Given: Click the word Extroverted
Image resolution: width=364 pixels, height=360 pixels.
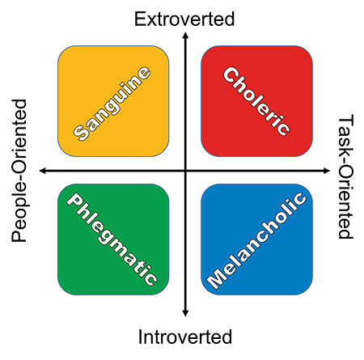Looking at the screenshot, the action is (x=184, y=19).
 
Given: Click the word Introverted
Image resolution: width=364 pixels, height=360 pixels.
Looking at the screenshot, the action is (x=185, y=337).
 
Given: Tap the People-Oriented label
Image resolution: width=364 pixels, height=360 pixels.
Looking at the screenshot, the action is (x=19, y=171).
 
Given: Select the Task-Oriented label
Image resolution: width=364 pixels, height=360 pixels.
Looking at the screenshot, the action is (x=345, y=176).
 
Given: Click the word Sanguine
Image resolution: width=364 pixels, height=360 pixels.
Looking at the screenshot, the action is (x=112, y=104).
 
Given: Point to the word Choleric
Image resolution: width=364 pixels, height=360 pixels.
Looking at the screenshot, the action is (x=256, y=101).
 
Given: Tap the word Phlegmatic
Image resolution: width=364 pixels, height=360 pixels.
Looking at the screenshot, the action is (x=112, y=239).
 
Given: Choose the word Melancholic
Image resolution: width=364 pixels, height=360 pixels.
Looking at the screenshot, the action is (x=256, y=240).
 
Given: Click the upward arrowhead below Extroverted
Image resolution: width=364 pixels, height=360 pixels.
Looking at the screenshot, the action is (x=185, y=35).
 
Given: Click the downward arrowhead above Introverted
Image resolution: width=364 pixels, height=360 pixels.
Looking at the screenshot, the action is (x=185, y=313).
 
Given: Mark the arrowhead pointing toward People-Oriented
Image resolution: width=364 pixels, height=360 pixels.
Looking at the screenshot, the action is (x=43, y=171).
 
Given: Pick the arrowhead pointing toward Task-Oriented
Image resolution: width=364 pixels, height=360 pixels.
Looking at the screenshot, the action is (x=326, y=171).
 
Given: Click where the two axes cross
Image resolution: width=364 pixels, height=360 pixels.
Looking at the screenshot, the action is (x=185, y=171).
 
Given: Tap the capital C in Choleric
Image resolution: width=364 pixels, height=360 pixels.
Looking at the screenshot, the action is (x=231, y=75).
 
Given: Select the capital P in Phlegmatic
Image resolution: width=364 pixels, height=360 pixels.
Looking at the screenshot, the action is (x=74, y=201).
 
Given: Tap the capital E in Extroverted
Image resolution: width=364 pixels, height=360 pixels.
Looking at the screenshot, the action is (x=139, y=19).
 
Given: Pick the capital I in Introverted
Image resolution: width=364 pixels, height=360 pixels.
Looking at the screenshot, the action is (x=140, y=337).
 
